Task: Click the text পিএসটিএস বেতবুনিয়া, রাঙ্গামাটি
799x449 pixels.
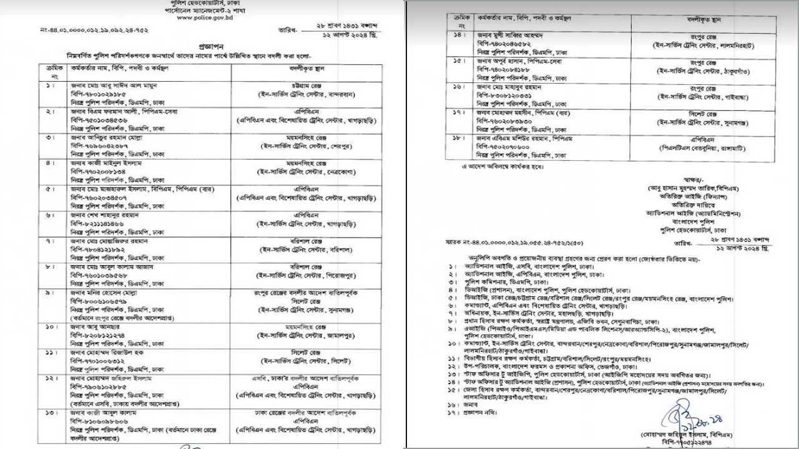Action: tap(703, 150)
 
